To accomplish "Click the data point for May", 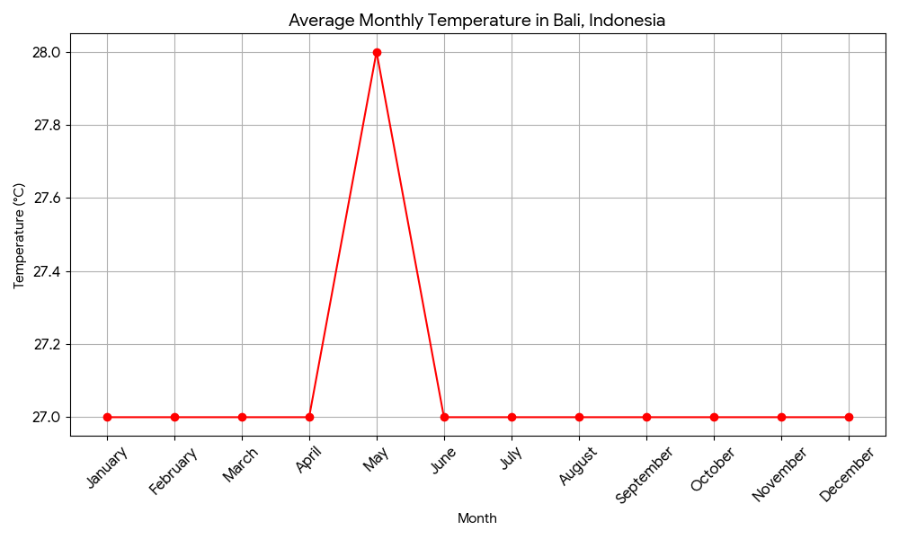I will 377,52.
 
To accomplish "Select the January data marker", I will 107,417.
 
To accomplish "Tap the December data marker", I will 849,417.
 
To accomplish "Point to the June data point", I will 444,417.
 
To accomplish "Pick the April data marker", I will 309,417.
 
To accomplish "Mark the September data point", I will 646,417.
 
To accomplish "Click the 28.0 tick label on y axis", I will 47,52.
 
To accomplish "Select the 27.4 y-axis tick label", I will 47,271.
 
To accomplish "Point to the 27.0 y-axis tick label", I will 47,417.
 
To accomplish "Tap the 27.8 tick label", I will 47,125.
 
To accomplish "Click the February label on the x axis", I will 174,470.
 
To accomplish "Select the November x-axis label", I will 779,474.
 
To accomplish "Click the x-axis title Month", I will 477,518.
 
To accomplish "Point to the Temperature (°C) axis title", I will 20,235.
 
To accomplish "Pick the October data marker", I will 714,417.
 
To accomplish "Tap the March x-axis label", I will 241,464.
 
